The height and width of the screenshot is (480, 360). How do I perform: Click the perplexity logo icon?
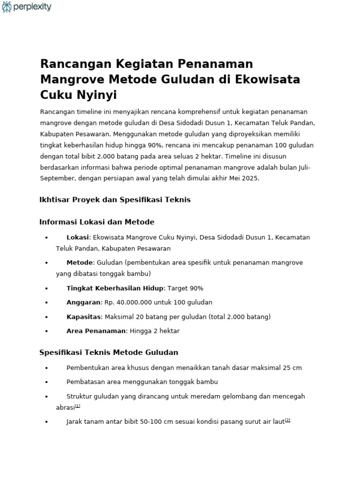7,7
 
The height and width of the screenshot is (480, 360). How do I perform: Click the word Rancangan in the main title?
71,64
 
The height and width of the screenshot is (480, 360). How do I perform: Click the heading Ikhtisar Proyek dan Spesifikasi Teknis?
115,200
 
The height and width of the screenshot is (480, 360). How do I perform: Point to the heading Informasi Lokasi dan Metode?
97,222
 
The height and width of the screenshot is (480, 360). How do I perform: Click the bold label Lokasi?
77,238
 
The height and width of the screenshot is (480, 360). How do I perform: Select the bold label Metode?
79,262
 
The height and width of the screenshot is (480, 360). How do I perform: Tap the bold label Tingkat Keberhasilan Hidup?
115,288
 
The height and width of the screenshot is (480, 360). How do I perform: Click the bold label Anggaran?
83,302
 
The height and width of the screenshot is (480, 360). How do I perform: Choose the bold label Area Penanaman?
96,331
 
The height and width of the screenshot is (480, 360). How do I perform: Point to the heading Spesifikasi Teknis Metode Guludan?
109,352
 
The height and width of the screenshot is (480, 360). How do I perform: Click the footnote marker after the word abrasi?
78,406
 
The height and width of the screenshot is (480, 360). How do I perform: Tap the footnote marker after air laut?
288,420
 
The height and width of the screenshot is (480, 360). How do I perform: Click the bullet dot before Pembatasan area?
46,382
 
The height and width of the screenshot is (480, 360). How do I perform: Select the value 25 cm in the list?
292,368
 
